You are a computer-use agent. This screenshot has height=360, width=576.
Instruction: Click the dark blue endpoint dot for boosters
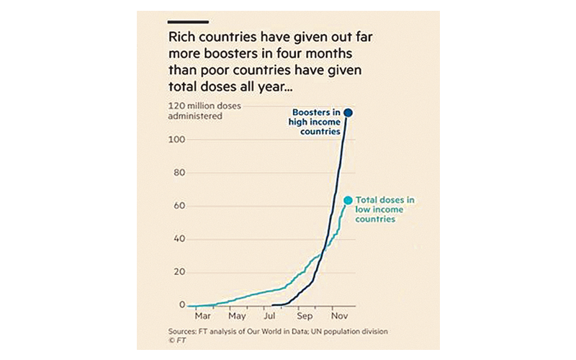(348, 112)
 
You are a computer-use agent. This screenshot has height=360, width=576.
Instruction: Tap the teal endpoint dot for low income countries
(348, 201)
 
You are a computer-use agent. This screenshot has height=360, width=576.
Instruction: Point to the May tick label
(237, 315)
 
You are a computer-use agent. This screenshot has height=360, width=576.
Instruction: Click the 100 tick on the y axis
(176, 140)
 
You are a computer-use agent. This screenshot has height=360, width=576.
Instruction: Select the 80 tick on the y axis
(179, 173)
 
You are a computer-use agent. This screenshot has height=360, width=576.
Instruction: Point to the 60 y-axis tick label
(179, 206)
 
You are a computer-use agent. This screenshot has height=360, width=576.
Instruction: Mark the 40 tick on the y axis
(179, 239)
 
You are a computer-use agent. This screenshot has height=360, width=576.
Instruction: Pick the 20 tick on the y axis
(179, 272)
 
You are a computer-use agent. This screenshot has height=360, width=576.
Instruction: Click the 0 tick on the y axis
(181, 305)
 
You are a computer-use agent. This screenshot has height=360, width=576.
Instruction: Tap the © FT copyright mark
(176, 341)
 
